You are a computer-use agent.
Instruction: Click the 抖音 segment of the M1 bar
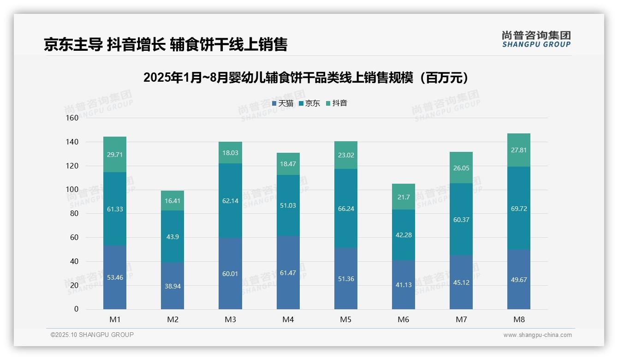pyautogui.click(x=115, y=154)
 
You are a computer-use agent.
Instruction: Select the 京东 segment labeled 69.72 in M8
pyautogui.click(x=519, y=208)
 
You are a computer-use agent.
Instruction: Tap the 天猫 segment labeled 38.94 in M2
pyautogui.click(x=172, y=286)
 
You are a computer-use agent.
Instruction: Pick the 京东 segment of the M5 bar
pyautogui.click(x=346, y=208)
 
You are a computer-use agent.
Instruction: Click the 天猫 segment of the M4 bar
pyautogui.click(x=288, y=273)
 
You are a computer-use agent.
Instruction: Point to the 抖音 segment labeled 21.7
pyautogui.click(x=404, y=197)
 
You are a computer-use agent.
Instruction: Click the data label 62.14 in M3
pyautogui.click(x=230, y=201)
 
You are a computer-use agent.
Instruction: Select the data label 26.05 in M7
pyautogui.click(x=461, y=168)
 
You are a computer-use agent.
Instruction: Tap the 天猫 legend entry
pyautogui.click(x=283, y=103)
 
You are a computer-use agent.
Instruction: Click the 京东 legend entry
pyautogui.click(x=309, y=103)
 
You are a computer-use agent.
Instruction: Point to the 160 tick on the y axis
pyautogui.click(x=72, y=118)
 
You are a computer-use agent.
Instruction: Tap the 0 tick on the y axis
pyautogui.click(x=76, y=309)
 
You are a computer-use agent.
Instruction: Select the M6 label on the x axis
pyautogui.click(x=404, y=319)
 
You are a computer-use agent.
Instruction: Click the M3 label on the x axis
pyautogui.click(x=230, y=319)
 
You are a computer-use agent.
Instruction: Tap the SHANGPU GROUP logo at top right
pyautogui.click(x=536, y=39)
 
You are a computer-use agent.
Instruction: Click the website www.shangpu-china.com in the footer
pyautogui.click(x=537, y=335)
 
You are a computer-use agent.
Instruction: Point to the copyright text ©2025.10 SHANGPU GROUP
pyautogui.click(x=92, y=335)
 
